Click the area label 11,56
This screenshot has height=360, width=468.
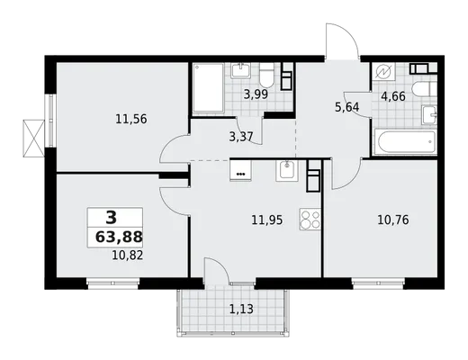(x=131, y=120)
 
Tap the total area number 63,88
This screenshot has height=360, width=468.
(x=119, y=237)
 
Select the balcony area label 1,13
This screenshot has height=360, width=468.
(x=241, y=309)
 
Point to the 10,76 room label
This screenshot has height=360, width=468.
(x=393, y=220)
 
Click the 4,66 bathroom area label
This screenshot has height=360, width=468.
(x=393, y=96)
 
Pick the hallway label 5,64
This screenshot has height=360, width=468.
(x=346, y=107)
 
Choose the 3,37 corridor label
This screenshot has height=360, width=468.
(x=241, y=137)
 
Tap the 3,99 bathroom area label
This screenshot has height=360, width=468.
(x=256, y=94)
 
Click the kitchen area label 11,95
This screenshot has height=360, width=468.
(x=267, y=220)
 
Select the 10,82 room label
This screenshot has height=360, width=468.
(x=128, y=256)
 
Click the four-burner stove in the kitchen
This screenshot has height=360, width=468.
(x=310, y=219)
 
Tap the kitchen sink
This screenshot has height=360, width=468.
(x=287, y=170)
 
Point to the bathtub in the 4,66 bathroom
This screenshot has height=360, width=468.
(x=405, y=142)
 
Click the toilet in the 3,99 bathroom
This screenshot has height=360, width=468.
(x=266, y=75)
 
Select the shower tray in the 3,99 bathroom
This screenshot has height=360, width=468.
(x=208, y=87)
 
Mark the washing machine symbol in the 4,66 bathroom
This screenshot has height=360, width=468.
(x=383, y=72)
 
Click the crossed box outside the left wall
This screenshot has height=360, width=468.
(x=33, y=138)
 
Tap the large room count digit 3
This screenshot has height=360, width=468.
(x=111, y=217)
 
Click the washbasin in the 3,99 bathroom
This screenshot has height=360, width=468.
(x=240, y=71)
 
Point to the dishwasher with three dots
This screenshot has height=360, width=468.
(x=240, y=170)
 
